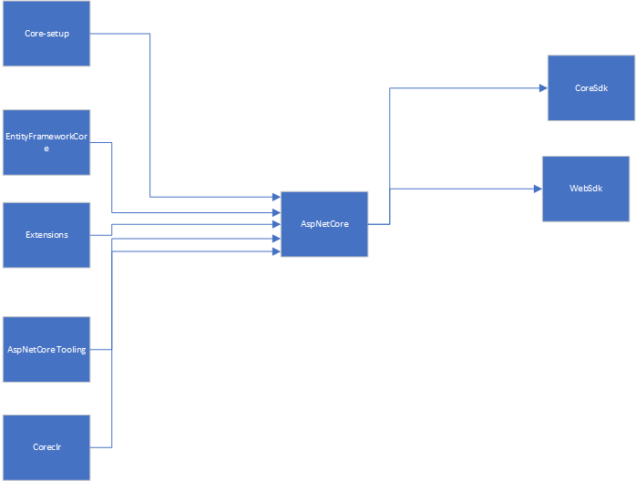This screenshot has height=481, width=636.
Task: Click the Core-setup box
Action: pyautogui.click(x=46, y=34)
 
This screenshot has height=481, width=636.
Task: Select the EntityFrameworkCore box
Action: pyautogui.click(x=46, y=142)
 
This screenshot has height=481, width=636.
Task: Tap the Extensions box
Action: pyautogui.click(x=46, y=235)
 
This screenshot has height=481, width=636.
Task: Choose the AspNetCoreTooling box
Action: pyautogui.click(x=46, y=350)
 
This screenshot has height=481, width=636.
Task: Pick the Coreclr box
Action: pyautogui.click(x=46, y=447)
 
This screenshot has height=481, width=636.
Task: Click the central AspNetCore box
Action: pyautogui.click(x=324, y=224)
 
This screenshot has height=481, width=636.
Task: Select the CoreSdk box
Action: pyautogui.click(x=590, y=88)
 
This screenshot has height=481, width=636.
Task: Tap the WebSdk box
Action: pyautogui.click(x=586, y=189)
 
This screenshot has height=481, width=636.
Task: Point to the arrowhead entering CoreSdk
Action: pyautogui.click(x=542, y=88)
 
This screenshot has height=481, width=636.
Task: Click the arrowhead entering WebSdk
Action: pyautogui.click(x=538, y=189)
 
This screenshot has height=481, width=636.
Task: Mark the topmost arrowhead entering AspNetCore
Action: pyautogui.click(x=276, y=197)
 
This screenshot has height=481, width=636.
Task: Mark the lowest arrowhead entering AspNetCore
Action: pyautogui.click(x=276, y=251)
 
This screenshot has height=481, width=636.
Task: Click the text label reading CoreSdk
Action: pyautogui.click(x=590, y=88)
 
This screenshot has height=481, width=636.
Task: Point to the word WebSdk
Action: pyautogui.click(x=586, y=189)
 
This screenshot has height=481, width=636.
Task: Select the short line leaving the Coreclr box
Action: pyautogui.click(x=100, y=447)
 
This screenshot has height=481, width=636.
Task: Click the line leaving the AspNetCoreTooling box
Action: pyautogui.click(x=100, y=350)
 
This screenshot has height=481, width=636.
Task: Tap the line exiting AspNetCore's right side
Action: pyautogui.click(x=378, y=224)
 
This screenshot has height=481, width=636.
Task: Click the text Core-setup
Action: pyautogui.click(x=46, y=34)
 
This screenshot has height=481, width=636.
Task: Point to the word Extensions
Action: pyautogui.click(x=46, y=235)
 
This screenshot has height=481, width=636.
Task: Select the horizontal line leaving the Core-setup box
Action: pyautogui.click(x=118, y=34)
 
